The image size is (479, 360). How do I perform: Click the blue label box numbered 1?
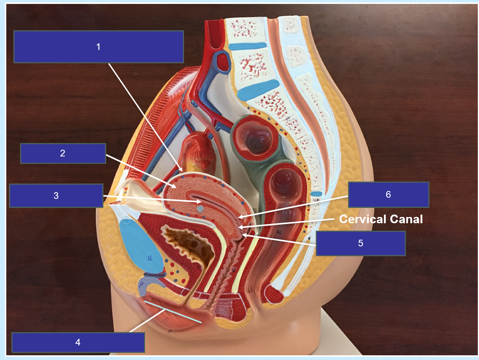click(99, 47)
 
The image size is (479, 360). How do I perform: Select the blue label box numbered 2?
click(63, 153)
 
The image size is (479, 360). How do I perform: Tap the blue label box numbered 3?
click(56, 196)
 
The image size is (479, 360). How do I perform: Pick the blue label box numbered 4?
click(78, 342)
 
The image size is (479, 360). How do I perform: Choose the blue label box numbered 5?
click(361, 243)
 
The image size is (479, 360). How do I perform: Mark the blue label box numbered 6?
click(389, 195)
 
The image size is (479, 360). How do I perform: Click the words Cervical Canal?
click(381, 219)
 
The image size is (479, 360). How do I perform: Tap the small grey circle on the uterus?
click(200, 209)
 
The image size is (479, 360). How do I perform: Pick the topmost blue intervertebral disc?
click(248, 46)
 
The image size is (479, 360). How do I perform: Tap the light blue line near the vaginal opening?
click(173, 312)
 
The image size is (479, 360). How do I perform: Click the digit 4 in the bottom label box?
click(78, 342)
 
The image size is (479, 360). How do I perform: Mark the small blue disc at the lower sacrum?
click(316, 194)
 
